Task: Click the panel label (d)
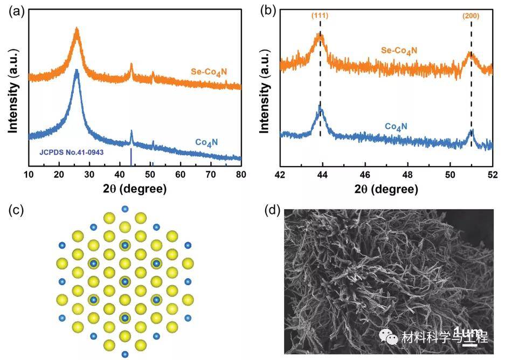pos(268,210)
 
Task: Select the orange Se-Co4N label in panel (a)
pos(212,72)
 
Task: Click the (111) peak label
pos(320,16)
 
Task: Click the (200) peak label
pos(471,16)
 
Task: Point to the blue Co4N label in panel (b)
pos(396,127)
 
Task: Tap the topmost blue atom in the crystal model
pos(125,209)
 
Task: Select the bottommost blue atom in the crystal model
pos(125,354)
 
